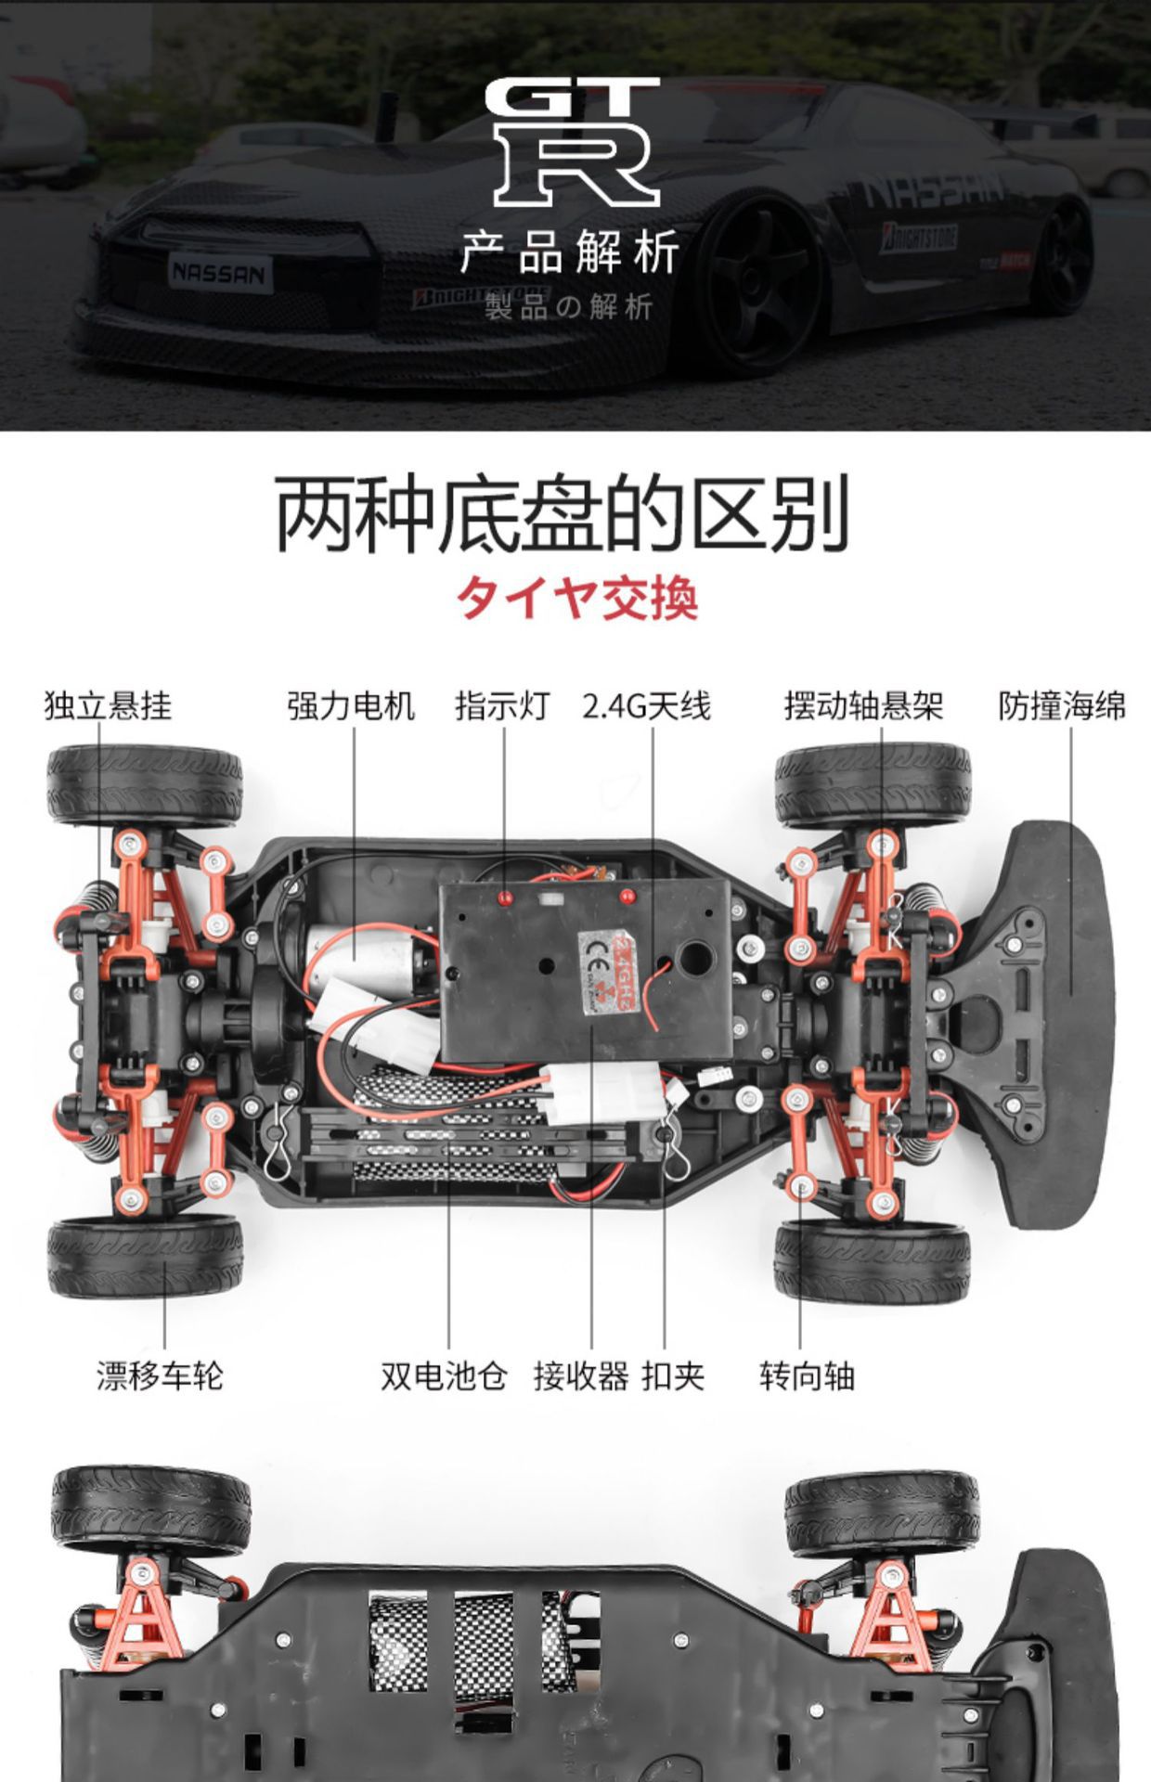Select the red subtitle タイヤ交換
click(576, 597)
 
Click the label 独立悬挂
click(108, 706)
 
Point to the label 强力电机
click(351, 706)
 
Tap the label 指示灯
click(502, 706)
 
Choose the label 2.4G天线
click(646, 706)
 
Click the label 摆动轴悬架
click(863, 706)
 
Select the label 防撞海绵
click(1062, 706)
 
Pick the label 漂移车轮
click(160, 1375)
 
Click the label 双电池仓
click(444, 1375)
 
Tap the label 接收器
click(581, 1375)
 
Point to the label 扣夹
click(673, 1375)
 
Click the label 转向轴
click(807, 1375)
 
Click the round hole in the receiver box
click(696, 957)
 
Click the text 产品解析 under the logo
click(570, 252)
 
